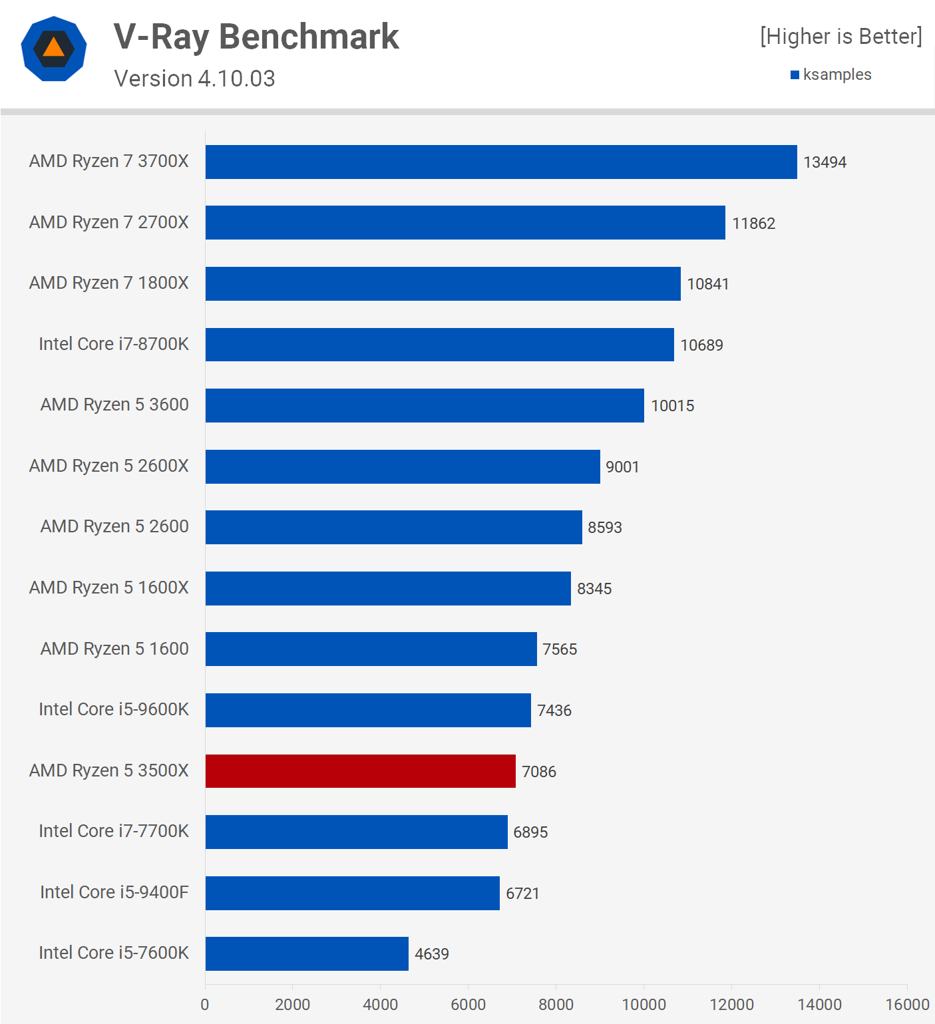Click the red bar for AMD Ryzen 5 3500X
(360, 771)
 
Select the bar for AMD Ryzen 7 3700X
(500, 162)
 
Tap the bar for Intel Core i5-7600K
(307, 953)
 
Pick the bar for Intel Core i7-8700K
(439, 345)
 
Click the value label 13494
(825, 162)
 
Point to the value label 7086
(538, 772)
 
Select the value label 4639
(431, 954)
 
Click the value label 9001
(622, 467)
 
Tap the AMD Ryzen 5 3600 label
(114, 405)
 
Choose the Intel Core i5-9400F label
(114, 892)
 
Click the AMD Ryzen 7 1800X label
(108, 283)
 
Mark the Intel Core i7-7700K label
(113, 831)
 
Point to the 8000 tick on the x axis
(556, 1005)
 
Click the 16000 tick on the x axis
(906, 1005)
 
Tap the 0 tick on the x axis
(205, 1005)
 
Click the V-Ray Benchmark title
(256, 37)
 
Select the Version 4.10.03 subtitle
(194, 79)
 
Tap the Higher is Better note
(841, 37)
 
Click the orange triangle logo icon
(54, 48)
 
